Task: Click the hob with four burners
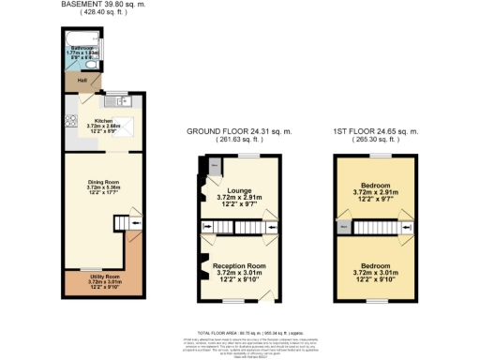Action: point(69,120)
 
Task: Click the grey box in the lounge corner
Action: point(214,166)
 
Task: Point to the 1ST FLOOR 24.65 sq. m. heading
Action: point(375,130)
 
